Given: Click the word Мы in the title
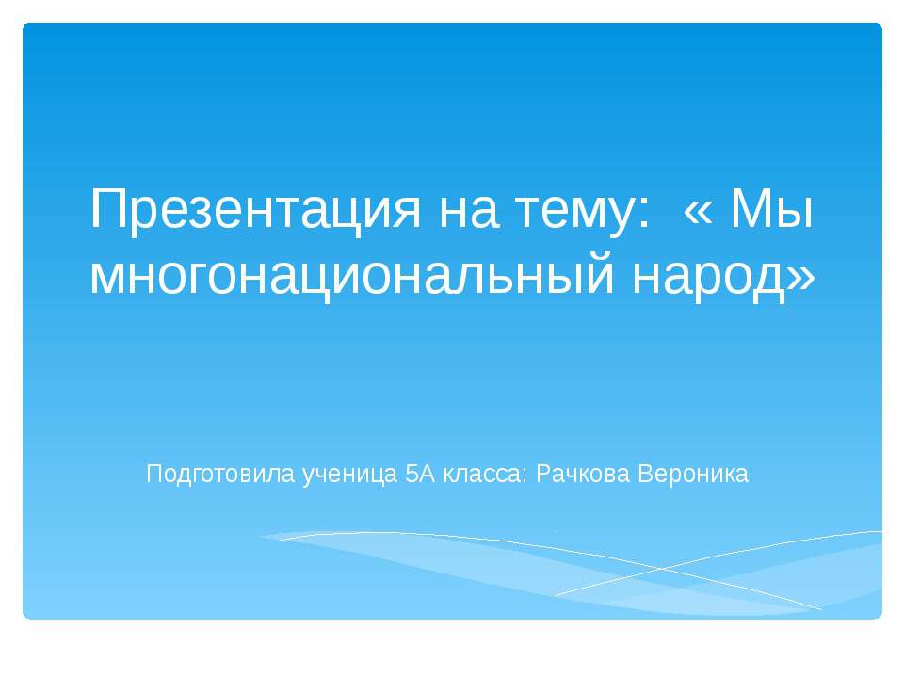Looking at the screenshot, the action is pos(771,209).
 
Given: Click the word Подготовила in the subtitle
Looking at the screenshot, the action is pos(220,475).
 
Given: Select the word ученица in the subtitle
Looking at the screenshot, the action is pos(350,476).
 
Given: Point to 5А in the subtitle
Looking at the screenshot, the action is pos(420,474).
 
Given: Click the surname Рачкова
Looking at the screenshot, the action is pos(583,475).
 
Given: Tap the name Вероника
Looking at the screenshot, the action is pos(694,475).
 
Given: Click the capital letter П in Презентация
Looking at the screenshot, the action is pos(106,209).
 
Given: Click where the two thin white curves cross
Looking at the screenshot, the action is pos(661,569).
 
